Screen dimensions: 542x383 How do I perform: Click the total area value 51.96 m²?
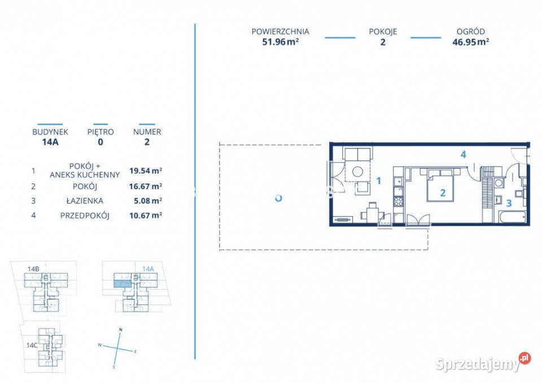[x=281, y=42]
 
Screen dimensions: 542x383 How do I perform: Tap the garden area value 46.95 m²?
[x=470, y=42]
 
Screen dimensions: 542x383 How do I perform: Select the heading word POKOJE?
[x=383, y=32]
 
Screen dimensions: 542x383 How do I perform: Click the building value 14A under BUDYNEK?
[x=50, y=142]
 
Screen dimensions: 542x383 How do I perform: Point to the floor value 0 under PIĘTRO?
[x=100, y=142]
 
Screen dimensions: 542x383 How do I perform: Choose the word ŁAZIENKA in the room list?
[x=85, y=201]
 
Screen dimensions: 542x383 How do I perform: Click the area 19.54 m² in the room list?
[x=146, y=171]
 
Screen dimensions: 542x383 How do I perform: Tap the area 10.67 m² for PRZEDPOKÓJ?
[x=146, y=215]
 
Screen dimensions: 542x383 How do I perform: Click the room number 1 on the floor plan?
[x=378, y=181]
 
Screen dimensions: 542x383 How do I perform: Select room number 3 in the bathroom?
[x=509, y=203]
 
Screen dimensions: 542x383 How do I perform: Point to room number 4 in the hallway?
[x=463, y=154]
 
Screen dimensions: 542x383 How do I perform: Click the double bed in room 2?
[x=440, y=185]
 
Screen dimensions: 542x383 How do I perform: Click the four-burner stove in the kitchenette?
[x=398, y=201]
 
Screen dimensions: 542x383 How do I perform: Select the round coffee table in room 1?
[x=357, y=171]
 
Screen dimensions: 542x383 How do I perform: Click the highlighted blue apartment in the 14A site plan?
[x=123, y=284]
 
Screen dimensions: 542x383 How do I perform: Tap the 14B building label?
[x=33, y=269]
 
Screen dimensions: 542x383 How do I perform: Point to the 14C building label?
[x=32, y=345]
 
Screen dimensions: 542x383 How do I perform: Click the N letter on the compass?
[x=120, y=329]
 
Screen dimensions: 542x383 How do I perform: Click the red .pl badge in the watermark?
[x=524, y=358]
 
